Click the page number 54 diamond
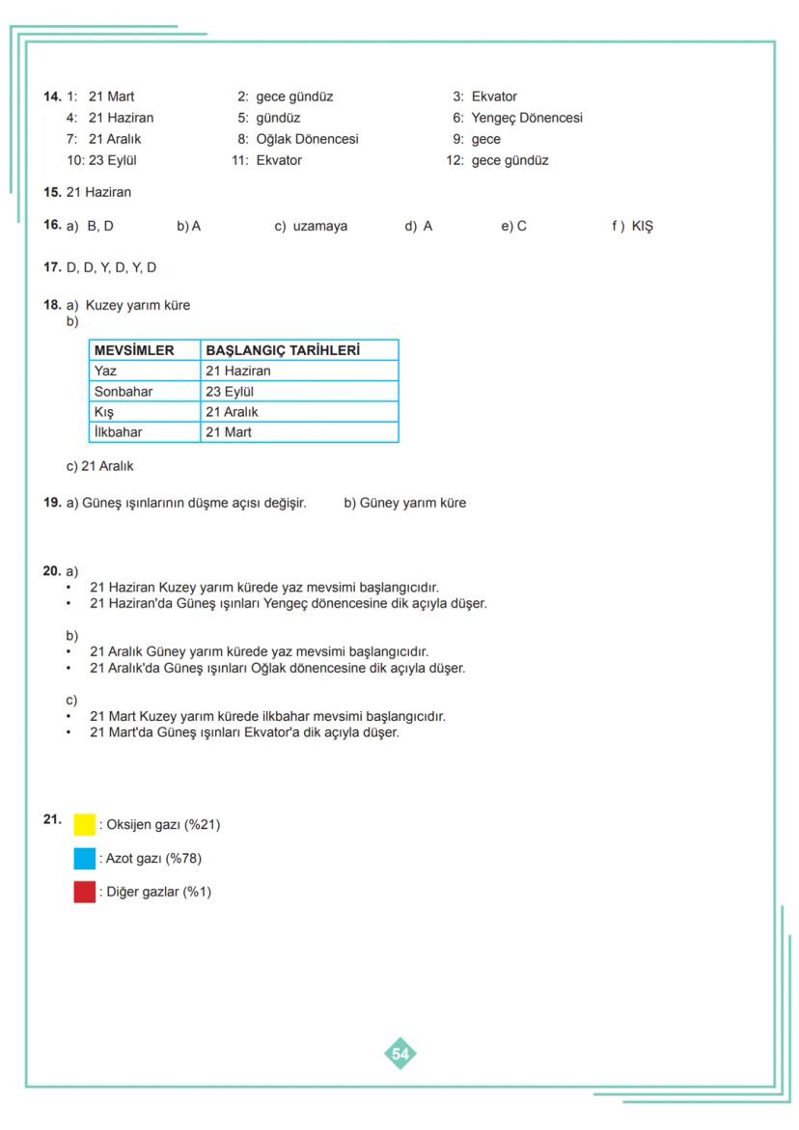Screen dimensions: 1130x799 pyautogui.click(x=400, y=1054)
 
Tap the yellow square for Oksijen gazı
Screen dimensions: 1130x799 pyautogui.click(x=85, y=824)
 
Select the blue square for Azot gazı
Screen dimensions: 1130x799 pyautogui.click(x=85, y=858)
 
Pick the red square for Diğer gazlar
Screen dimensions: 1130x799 pyautogui.click(x=85, y=892)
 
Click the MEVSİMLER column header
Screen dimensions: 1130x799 pyautogui.click(x=134, y=350)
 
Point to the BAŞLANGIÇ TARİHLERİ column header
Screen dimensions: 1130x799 pyautogui.click(x=283, y=350)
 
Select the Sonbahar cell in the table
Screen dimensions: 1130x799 pyautogui.click(x=124, y=391)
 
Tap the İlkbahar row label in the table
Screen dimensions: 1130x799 pyautogui.click(x=118, y=431)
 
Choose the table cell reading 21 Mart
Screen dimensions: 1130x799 pyautogui.click(x=229, y=431)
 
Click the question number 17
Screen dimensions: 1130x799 pyautogui.click(x=52, y=267)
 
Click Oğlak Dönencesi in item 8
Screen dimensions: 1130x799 pyautogui.click(x=307, y=139)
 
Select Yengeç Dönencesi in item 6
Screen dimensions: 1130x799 pyautogui.click(x=527, y=118)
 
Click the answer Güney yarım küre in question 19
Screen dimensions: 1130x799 pyautogui.click(x=412, y=503)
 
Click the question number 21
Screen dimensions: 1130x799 pyautogui.click(x=52, y=818)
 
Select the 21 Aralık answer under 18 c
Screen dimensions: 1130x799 pyautogui.click(x=107, y=466)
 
